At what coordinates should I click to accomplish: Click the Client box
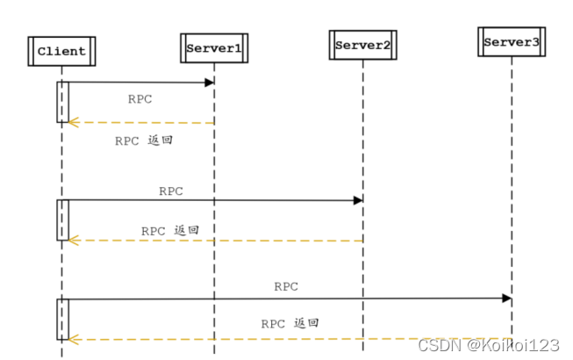click(61, 51)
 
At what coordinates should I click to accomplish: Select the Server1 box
click(213, 47)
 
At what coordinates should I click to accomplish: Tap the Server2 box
click(362, 45)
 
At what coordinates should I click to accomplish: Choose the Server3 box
click(510, 41)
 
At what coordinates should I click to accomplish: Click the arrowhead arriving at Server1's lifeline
click(210, 83)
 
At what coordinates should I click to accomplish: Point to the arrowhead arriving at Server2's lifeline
click(358, 200)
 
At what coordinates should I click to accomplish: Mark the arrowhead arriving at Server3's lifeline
click(506, 299)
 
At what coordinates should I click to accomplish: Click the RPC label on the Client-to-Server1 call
click(140, 98)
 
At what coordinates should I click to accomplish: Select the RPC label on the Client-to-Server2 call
click(171, 190)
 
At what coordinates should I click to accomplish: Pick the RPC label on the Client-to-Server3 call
click(286, 286)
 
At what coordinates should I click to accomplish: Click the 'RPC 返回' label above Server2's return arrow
click(170, 230)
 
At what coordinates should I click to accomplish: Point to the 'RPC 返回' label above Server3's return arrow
click(290, 323)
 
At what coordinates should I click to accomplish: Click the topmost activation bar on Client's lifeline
click(62, 102)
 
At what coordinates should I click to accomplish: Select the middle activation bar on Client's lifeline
click(62, 220)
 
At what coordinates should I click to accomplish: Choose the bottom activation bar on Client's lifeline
click(62, 318)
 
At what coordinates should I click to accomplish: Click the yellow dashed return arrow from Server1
click(140, 122)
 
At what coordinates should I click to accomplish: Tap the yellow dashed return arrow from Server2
click(215, 240)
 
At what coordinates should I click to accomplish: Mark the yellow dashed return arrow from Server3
click(290, 338)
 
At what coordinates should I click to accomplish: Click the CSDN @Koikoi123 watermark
click(489, 345)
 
